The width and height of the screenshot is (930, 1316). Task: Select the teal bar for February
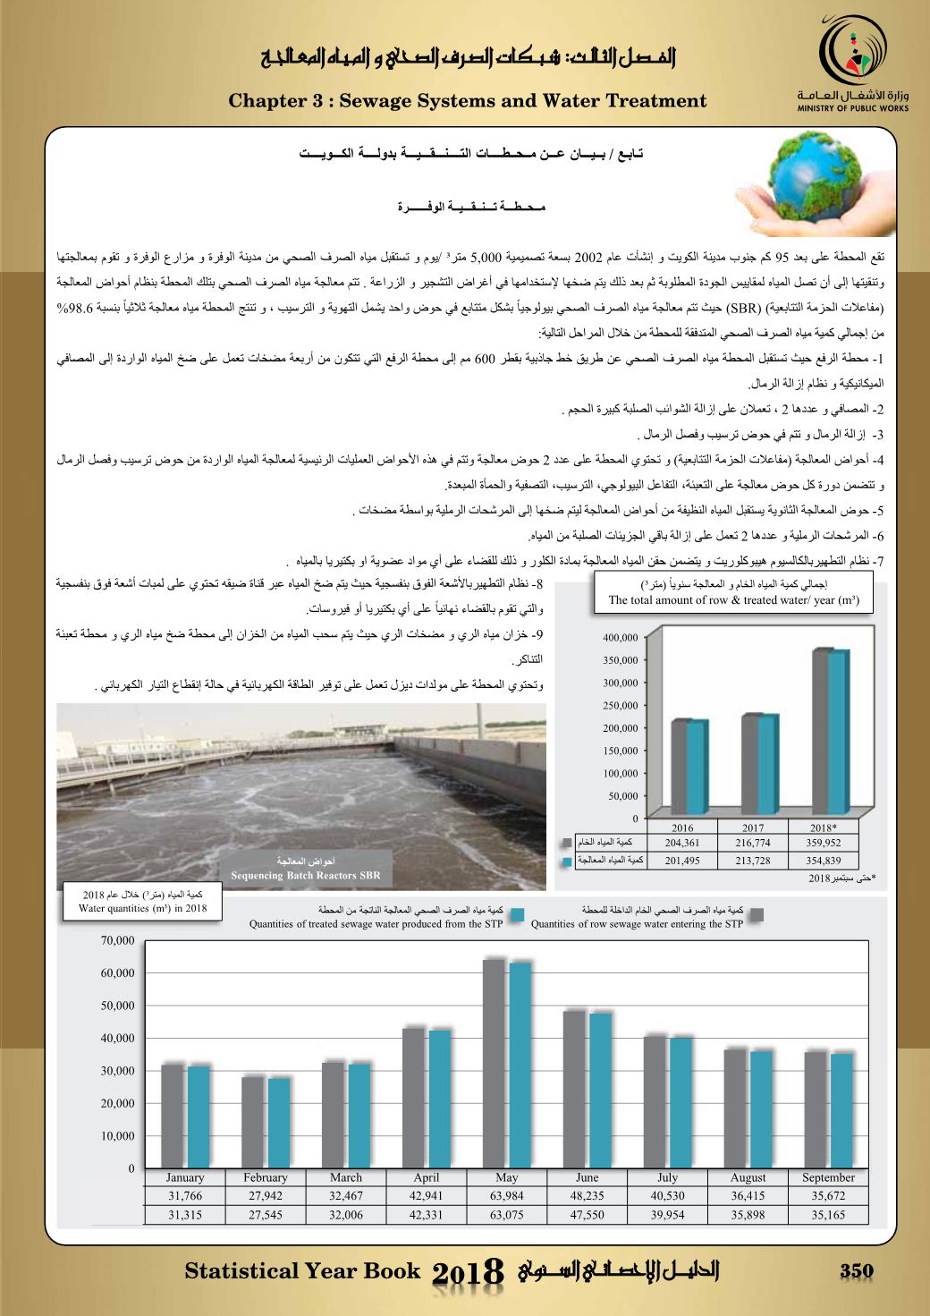(279, 1123)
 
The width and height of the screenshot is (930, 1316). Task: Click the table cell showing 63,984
(506, 1196)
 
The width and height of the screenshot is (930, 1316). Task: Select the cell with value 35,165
(828, 1214)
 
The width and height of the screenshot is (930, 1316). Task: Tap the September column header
(828, 1177)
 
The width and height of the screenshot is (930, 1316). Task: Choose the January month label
(185, 1177)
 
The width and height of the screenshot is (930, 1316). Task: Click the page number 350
(856, 1271)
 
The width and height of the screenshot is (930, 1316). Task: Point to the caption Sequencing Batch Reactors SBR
(306, 875)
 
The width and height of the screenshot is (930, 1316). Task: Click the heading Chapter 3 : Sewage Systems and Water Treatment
(468, 101)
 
